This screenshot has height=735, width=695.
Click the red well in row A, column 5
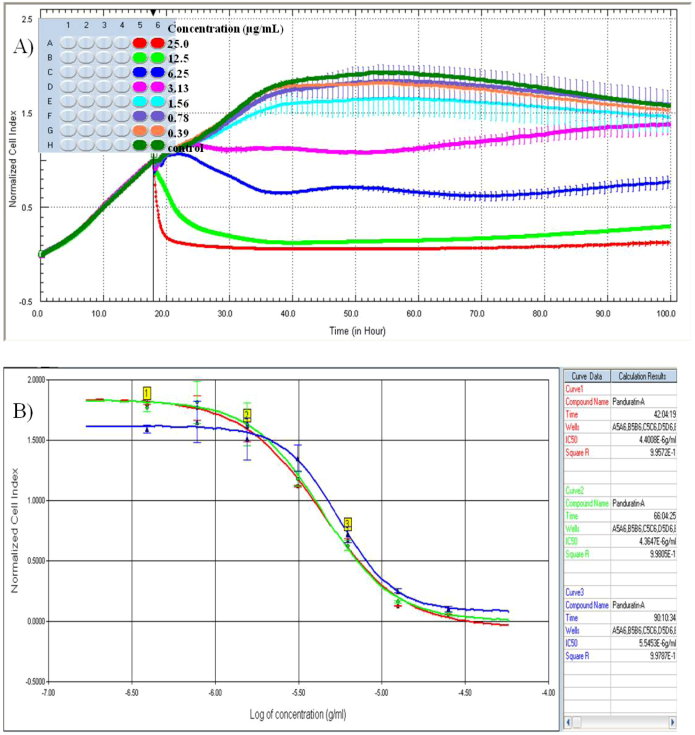coord(139,43)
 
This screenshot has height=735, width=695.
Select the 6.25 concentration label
coord(178,74)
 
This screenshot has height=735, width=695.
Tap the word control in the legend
coord(185,148)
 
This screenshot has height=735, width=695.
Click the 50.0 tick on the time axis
coord(351,314)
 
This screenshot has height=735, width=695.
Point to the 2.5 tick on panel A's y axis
coord(27,20)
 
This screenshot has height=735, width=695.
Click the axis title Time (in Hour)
coord(357,331)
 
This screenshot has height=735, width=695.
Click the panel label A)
coord(23,47)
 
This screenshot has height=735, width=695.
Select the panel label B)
coord(23,411)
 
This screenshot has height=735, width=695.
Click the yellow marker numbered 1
coord(147,393)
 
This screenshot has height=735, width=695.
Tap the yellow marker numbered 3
coord(347,524)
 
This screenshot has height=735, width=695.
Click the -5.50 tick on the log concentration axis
coord(298,693)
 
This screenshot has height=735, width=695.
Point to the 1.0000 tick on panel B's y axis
coord(36,501)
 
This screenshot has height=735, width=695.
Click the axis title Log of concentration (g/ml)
coord(298,714)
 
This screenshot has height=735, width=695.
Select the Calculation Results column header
coord(642,376)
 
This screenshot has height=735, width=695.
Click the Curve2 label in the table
coord(575,491)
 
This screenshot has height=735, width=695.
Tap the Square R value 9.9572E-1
coord(663,453)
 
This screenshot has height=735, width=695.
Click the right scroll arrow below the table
coord(673,722)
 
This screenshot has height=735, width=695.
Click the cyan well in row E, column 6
coord(158,101)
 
